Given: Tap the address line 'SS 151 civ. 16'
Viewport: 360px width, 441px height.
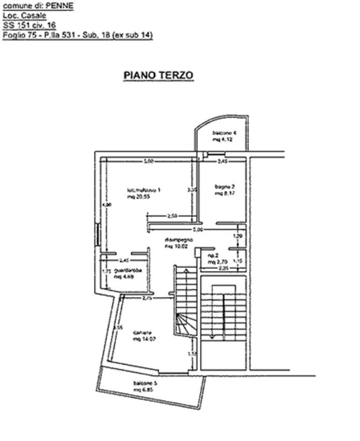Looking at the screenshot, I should pyautogui.click(x=29, y=25).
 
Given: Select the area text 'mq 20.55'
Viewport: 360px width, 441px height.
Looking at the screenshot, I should pyautogui.click(x=137, y=196).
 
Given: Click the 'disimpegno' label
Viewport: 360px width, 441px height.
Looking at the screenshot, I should pyautogui.click(x=179, y=240).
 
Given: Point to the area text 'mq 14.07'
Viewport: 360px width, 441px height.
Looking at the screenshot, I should pyautogui.click(x=144, y=340).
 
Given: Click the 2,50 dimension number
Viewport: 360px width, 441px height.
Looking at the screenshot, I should pyautogui.click(x=172, y=216).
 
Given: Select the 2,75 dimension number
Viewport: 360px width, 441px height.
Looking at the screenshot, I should pyautogui.click(x=147, y=298).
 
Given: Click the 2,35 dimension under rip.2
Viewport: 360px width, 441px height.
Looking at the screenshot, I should pyautogui.click(x=222, y=268).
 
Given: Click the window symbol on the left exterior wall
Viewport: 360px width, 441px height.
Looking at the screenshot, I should pyautogui.click(x=98, y=234).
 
